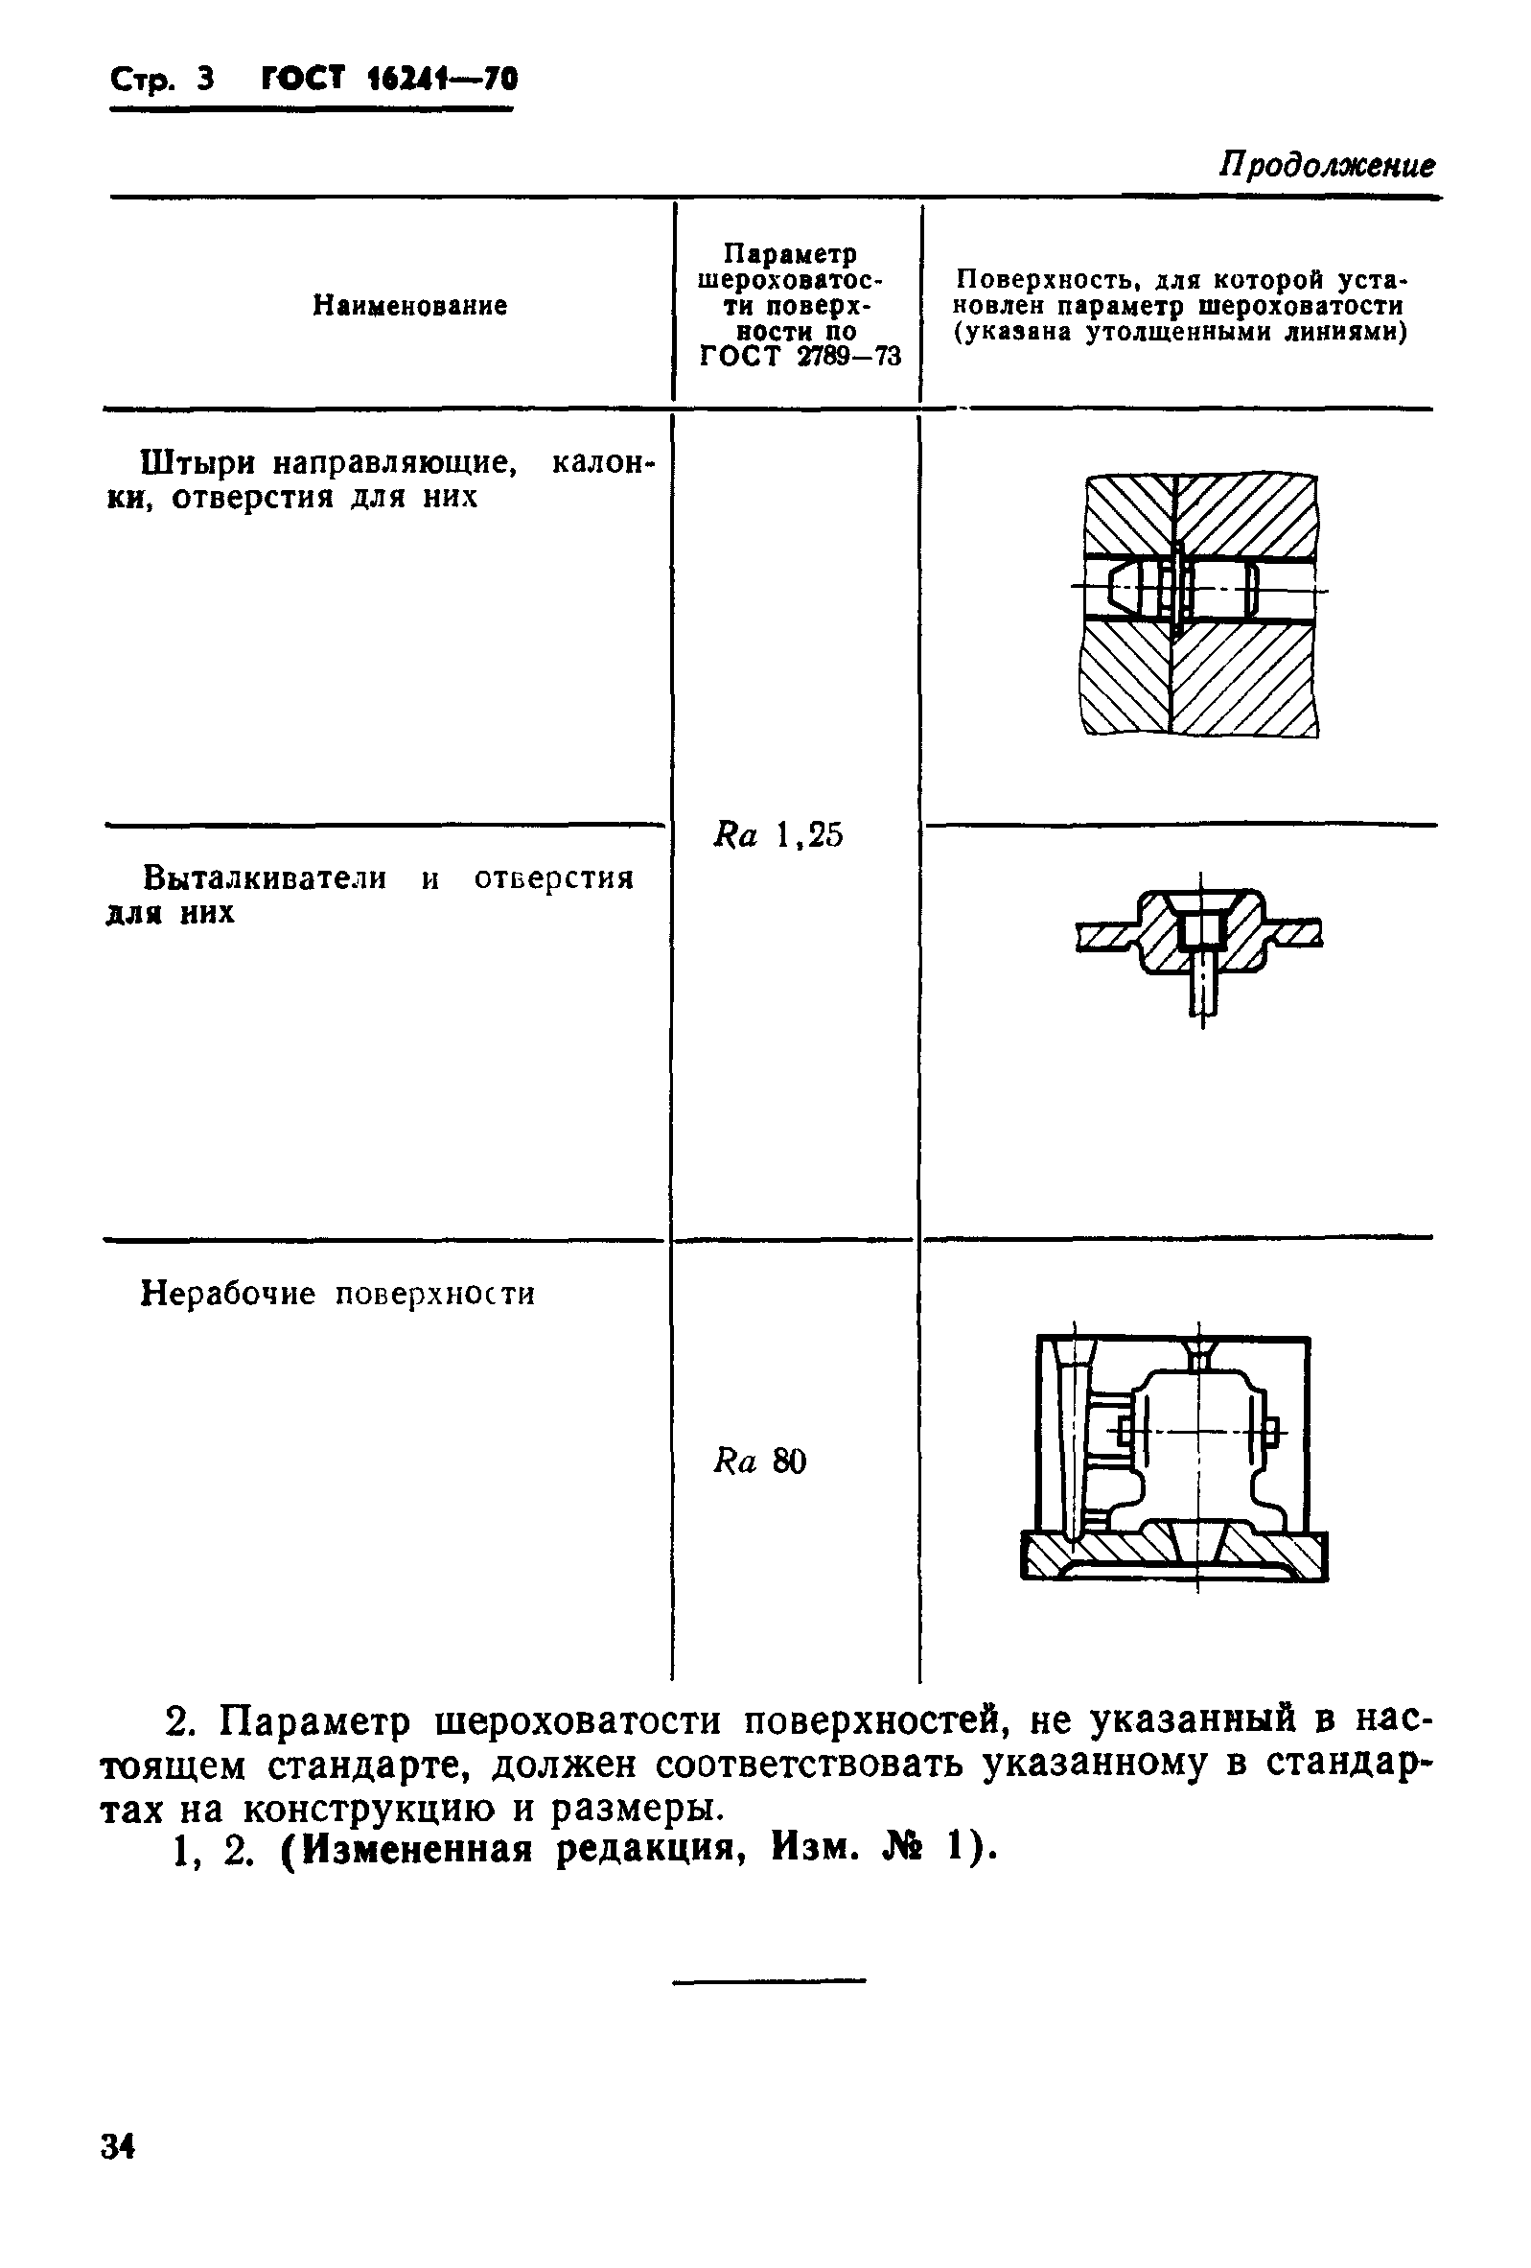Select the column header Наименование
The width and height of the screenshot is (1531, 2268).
tap(409, 306)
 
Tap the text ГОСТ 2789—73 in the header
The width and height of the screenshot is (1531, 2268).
tap(800, 356)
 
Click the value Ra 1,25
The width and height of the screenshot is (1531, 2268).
tap(777, 835)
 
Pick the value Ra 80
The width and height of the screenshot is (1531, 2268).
tap(760, 1461)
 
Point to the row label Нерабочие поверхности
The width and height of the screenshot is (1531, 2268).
tap(337, 1294)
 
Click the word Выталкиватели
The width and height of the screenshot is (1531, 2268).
tap(265, 878)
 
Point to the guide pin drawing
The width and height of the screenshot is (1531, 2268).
tap(1199, 605)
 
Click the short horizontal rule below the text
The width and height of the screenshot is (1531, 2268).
tap(769, 1980)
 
